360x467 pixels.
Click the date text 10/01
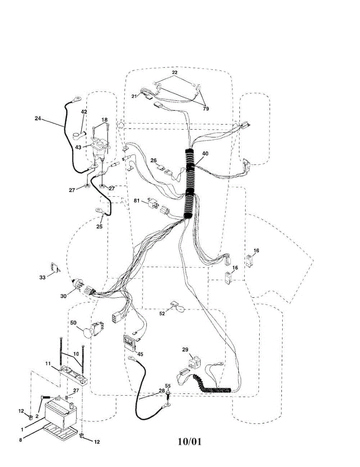(x=190, y=442)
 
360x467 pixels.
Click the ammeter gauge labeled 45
(x=131, y=342)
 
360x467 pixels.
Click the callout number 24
(x=37, y=118)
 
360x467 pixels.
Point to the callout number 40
(x=205, y=153)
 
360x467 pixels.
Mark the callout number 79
(x=205, y=109)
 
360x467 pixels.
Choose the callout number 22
(x=175, y=73)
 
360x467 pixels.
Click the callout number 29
(x=185, y=349)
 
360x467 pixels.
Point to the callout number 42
(x=84, y=112)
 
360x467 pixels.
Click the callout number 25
(x=100, y=226)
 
